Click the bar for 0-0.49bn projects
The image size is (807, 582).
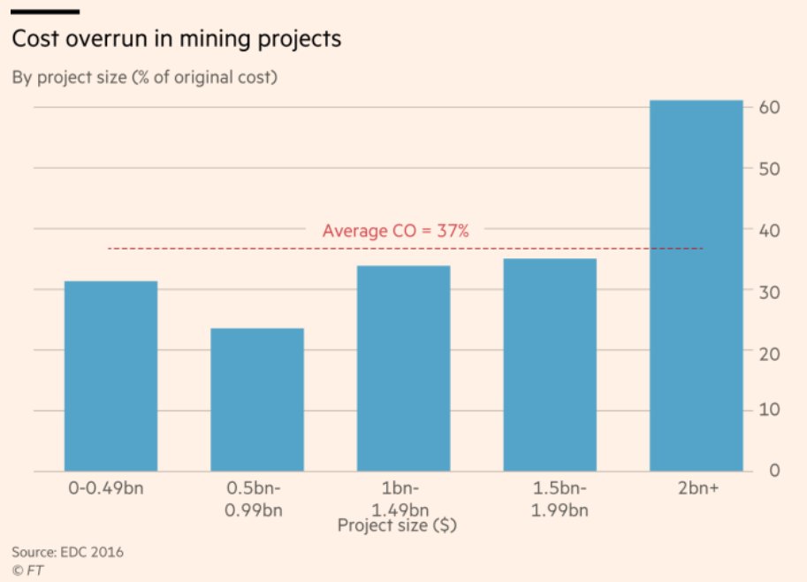point(110,376)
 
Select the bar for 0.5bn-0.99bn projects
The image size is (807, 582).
point(257,400)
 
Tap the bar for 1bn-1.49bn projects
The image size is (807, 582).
point(403,368)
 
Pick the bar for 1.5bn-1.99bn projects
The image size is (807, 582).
point(550,364)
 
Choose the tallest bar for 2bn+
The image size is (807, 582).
point(696,286)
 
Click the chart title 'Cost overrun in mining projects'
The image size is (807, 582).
point(176,41)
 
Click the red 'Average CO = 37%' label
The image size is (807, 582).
point(395,231)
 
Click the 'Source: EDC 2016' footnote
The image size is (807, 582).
point(67,553)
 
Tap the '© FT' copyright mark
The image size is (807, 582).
point(28,571)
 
